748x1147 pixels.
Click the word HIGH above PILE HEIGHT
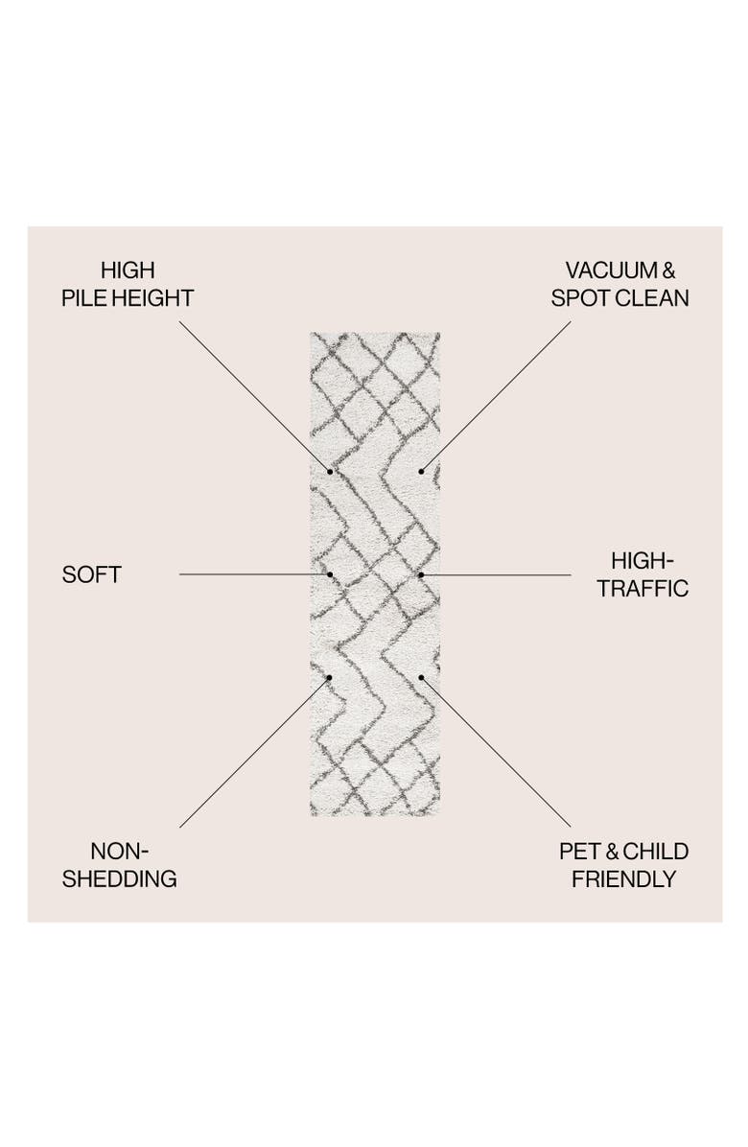click(128, 270)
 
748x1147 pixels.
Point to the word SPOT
click(578, 298)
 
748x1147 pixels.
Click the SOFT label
click(91, 575)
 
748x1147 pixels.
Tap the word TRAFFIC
click(643, 588)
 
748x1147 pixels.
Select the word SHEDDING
click(121, 879)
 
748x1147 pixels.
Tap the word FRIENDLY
click(624, 879)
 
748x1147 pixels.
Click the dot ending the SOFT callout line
click(330, 574)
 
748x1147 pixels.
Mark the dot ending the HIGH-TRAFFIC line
click(421, 574)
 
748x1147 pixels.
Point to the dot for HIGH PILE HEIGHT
click(330, 472)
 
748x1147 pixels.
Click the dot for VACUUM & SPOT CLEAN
click(421, 472)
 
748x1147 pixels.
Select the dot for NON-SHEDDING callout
click(330, 677)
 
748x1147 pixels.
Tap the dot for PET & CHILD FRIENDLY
click(421, 677)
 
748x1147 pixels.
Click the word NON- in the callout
click(121, 852)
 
